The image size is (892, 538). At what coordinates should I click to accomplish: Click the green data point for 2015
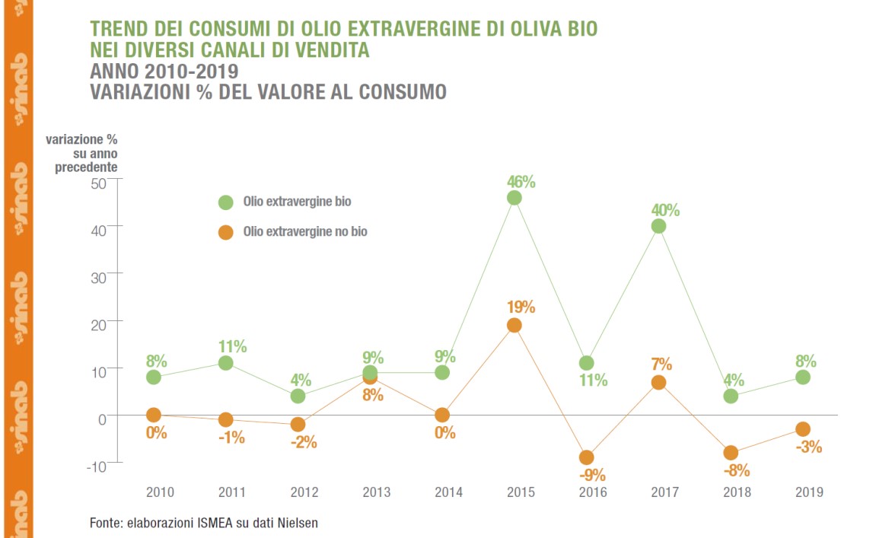pyautogui.click(x=514, y=198)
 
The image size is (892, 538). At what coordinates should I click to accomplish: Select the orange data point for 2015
pyautogui.click(x=514, y=326)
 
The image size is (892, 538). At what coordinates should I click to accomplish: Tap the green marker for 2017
pyautogui.click(x=658, y=226)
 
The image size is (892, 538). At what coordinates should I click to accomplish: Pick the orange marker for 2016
pyautogui.click(x=586, y=457)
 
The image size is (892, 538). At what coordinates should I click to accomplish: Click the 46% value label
pyautogui.click(x=521, y=182)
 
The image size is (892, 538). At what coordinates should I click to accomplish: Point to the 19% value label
pyautogui.click(x=521, y=308)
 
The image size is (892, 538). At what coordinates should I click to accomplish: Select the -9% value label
pyautogui.click(x=592, y=476)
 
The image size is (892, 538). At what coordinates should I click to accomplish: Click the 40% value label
pyautogui.click(x=665, y=210)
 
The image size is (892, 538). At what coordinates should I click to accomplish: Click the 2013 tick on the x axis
pyautogui.click(x=375, y=492)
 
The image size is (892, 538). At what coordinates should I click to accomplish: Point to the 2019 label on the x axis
pyautogui.click(x=809, y=492)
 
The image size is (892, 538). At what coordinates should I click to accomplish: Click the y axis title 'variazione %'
pyautogui.click(x=81, y=140)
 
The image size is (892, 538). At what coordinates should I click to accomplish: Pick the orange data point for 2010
pyautogui.click(x=154, y=415)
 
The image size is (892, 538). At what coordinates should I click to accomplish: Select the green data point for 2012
pyautogui.click(x=298, y=396)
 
